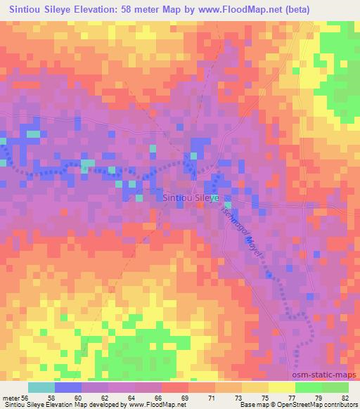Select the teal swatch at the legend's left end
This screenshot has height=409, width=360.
pos(41,387)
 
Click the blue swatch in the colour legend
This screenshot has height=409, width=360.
pos(68,387)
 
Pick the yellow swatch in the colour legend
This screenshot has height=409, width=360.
pos(282,387)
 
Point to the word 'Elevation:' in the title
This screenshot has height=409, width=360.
pos(99,9)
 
